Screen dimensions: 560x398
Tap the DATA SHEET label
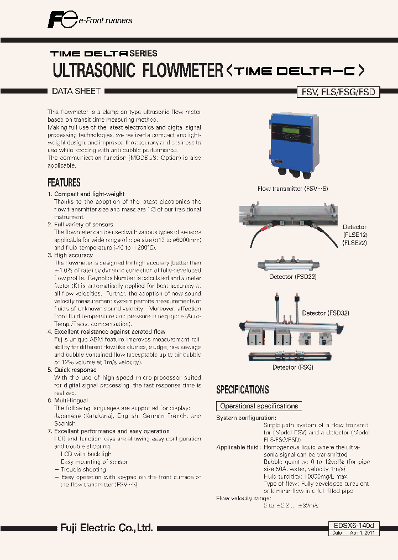(x=76, y=92)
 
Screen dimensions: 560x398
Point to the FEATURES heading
(x=64, y=183)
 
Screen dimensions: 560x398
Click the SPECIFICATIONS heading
(x=242, y=390)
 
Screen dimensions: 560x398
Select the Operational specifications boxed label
(x=259, y=406)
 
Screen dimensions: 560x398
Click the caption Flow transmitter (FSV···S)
(x=292, y=189)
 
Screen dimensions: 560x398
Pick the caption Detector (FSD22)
(x=292, y=276)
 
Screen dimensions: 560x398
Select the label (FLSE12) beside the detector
(x=354, y=235)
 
